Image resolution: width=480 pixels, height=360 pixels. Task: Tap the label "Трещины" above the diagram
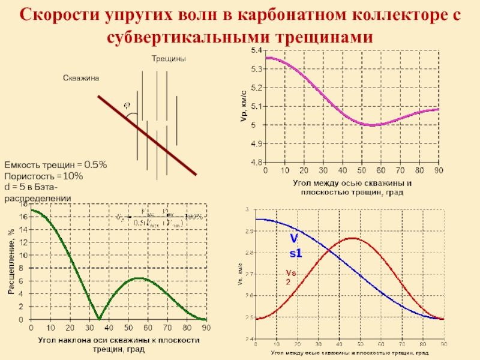[168, 59]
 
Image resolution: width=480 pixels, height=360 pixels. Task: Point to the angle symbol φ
[127, 106]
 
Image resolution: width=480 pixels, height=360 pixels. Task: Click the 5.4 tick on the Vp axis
[256, 50]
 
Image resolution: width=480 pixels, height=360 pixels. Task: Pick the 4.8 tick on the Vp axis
[256, 163]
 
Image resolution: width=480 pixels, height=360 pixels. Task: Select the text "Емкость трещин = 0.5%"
[56, 164]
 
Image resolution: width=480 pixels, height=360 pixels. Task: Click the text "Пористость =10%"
[43, 176]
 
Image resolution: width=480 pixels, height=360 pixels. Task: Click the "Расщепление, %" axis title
[11, 265]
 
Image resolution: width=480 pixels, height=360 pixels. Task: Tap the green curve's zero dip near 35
[100, 318]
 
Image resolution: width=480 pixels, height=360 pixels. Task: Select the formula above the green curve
[157, 217]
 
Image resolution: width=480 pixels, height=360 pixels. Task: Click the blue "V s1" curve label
[296, 246]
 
